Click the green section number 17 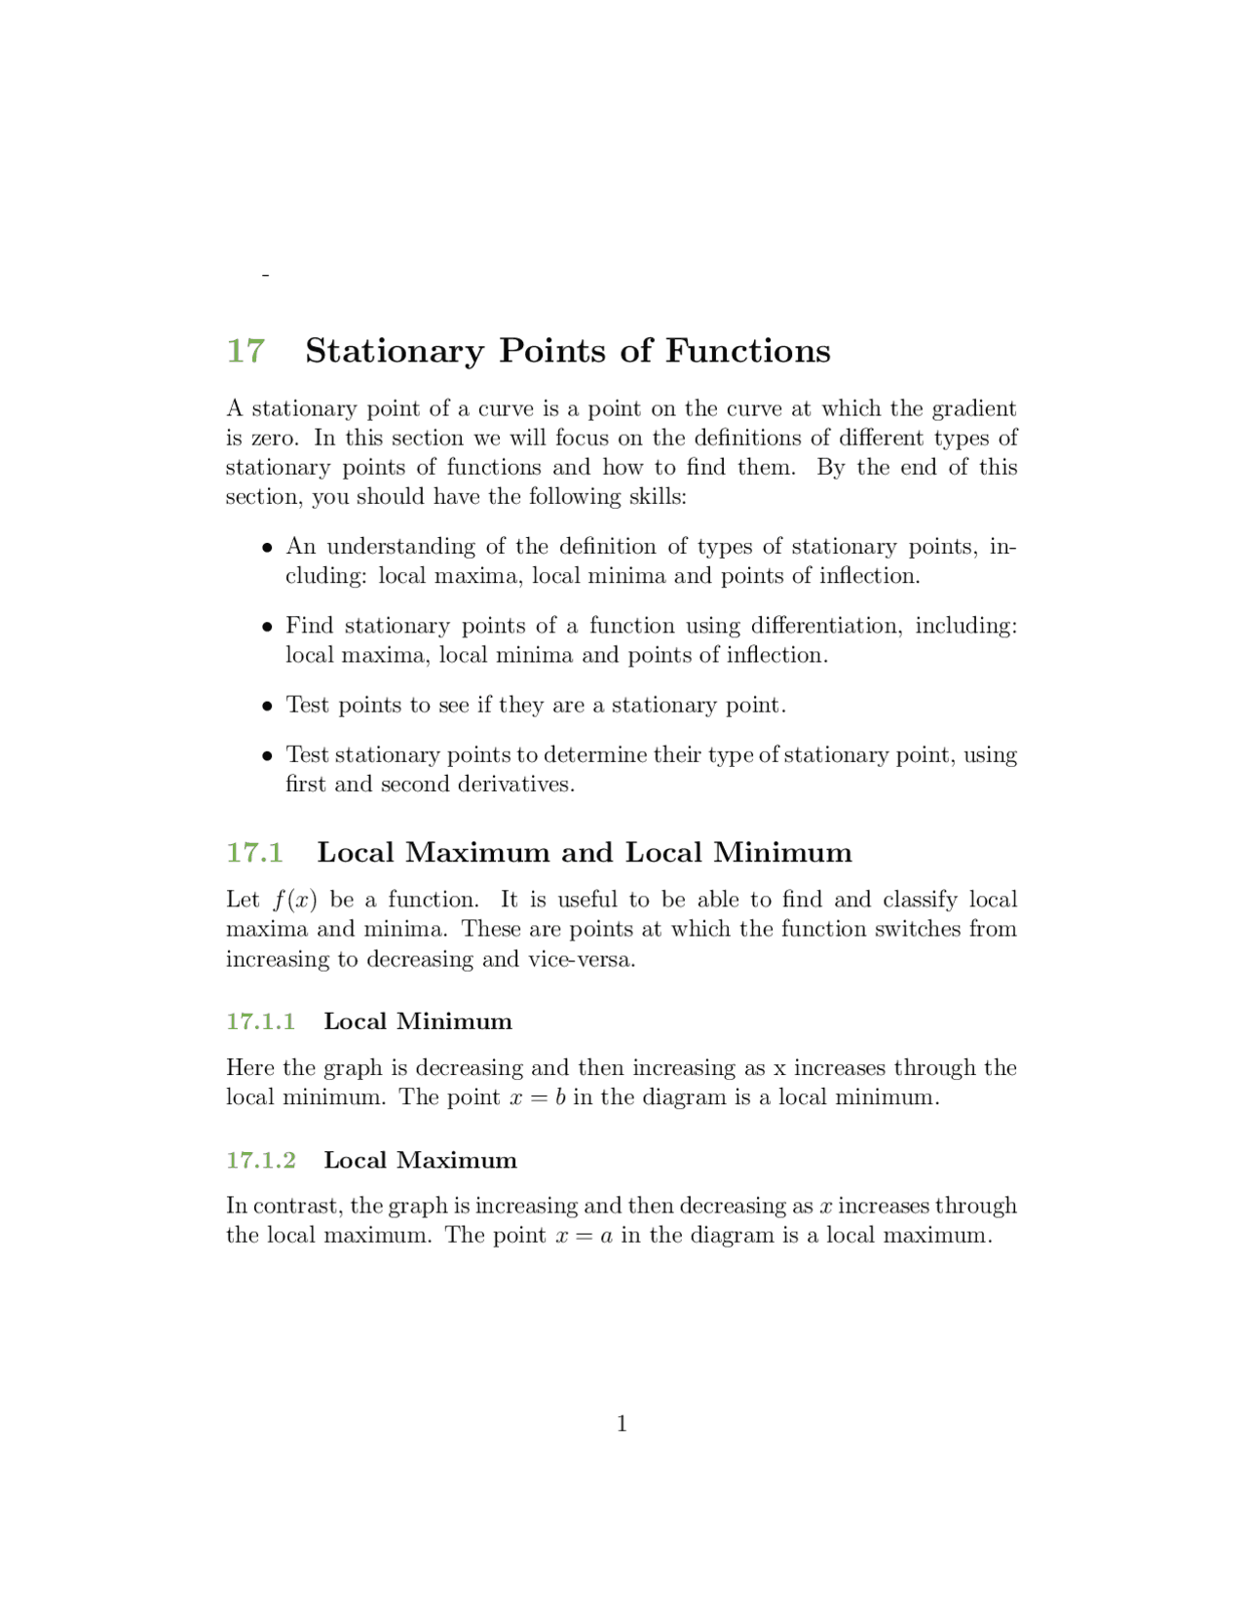click(246, 351)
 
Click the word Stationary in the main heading click(395, 351)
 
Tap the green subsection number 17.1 click(254, 853)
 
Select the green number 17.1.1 click(260, 1021)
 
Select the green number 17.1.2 click(260, 1160)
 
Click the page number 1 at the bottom click(622, 1424)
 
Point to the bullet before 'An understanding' click(266, 548)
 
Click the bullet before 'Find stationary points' click(266, 627)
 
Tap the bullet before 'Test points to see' click(266, 707)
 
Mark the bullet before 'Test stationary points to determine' click(266, 756)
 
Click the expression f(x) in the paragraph click(295, 900)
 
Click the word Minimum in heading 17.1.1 click(454, 1021)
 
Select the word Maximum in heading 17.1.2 click(457, 1160)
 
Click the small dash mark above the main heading click(265, 276)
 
